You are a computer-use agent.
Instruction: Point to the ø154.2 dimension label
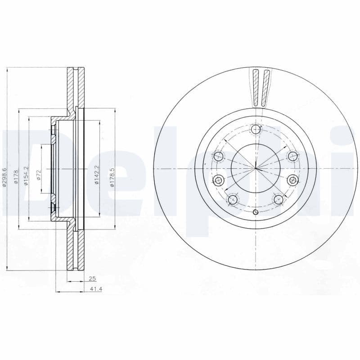[x=27, y=175]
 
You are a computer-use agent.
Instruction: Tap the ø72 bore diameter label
[x=39, y=175]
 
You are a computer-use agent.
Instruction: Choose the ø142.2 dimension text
[x=96, y=175]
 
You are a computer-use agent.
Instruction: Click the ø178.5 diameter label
[x=113, y=175]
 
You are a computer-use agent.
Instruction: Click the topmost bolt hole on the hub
[x=256, y=130]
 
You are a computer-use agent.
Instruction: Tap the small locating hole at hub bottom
[x=256, y=212]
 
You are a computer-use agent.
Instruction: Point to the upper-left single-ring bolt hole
[x=219, y=157]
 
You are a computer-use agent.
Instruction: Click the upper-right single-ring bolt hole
[x=292, y=157]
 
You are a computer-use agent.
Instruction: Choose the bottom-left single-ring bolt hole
[x=233, y=199]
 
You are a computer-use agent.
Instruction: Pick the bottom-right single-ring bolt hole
[x=278, y=198]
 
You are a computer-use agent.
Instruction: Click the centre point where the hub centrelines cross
[x=256, y=169]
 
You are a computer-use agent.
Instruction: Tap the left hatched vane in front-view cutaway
[x=256, y=88]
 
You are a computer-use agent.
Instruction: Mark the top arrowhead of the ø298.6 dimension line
[x=8, y=69]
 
